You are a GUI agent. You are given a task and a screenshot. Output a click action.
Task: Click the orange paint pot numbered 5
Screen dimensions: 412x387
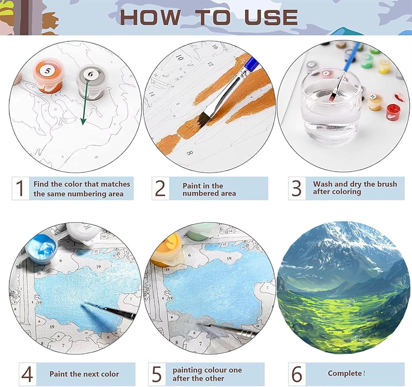48,76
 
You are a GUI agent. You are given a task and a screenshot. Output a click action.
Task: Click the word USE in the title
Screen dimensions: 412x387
271,17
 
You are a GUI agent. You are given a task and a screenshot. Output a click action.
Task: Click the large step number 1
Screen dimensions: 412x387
20,188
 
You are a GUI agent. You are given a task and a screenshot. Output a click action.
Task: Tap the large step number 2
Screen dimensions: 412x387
160,188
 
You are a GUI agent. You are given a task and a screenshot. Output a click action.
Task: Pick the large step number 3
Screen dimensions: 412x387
296,188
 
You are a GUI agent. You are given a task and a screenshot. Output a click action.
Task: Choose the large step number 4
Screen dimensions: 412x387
27,374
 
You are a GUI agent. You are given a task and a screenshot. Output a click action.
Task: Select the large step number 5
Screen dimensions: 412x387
157,374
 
